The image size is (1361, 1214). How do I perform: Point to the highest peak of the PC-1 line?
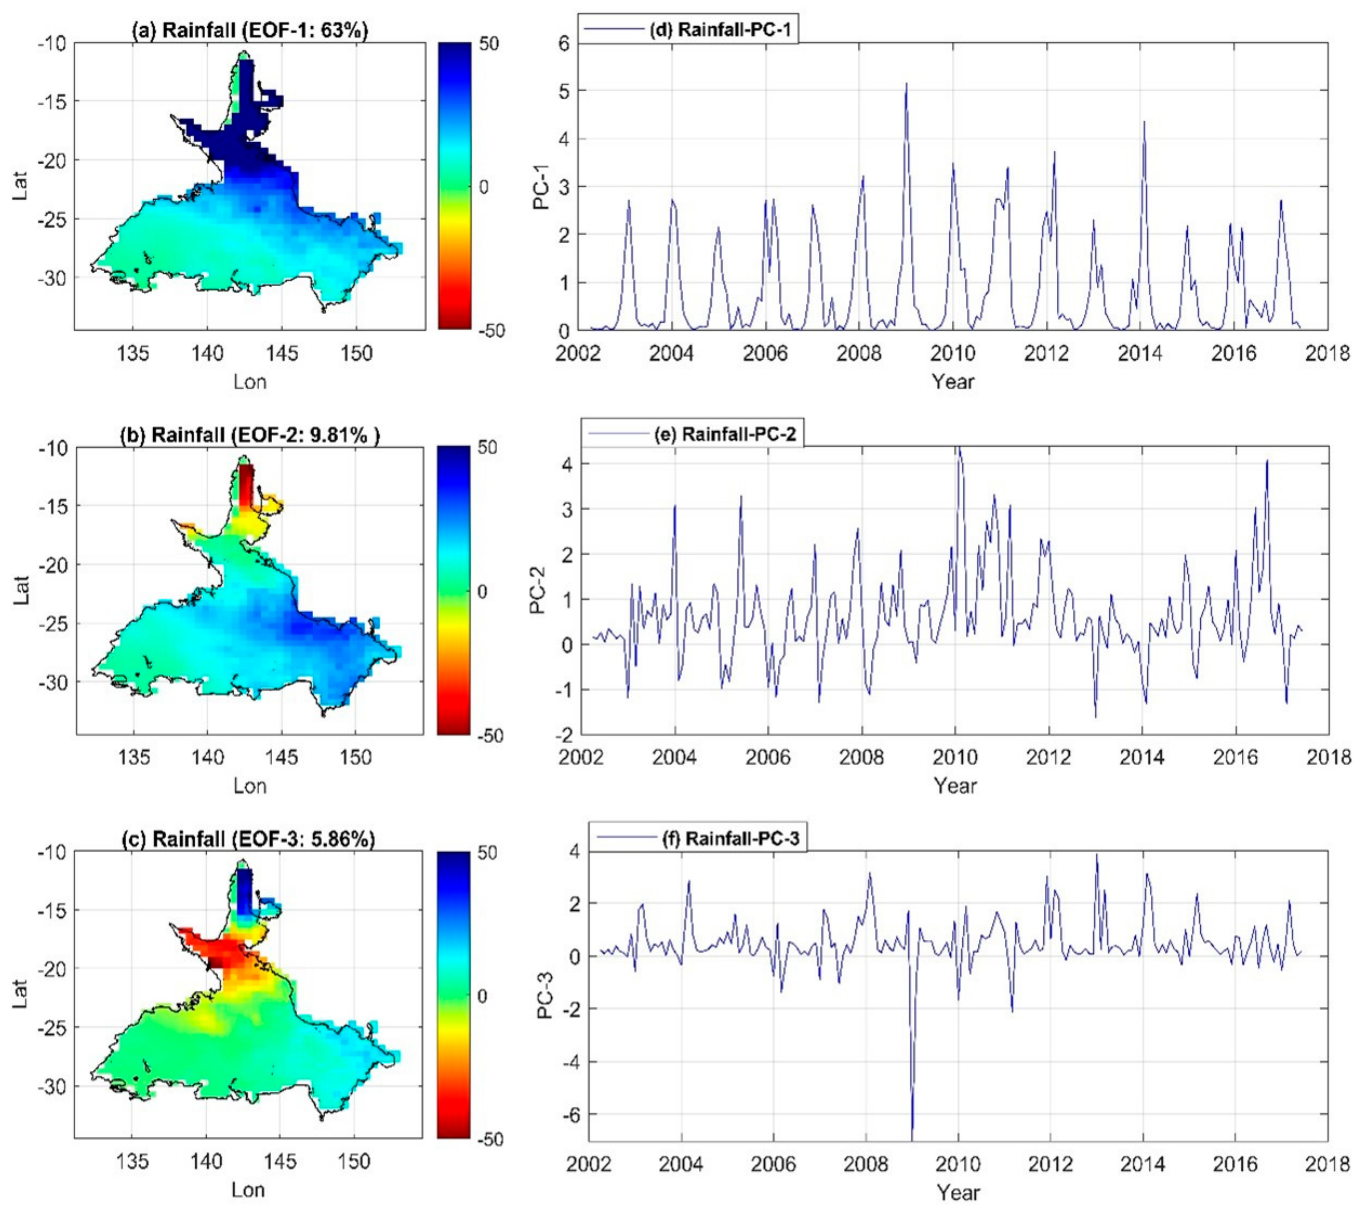906,84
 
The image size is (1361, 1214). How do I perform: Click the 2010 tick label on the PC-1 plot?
952,354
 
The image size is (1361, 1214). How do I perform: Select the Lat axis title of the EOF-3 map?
20,994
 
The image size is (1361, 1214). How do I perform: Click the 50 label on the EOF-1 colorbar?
489,44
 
